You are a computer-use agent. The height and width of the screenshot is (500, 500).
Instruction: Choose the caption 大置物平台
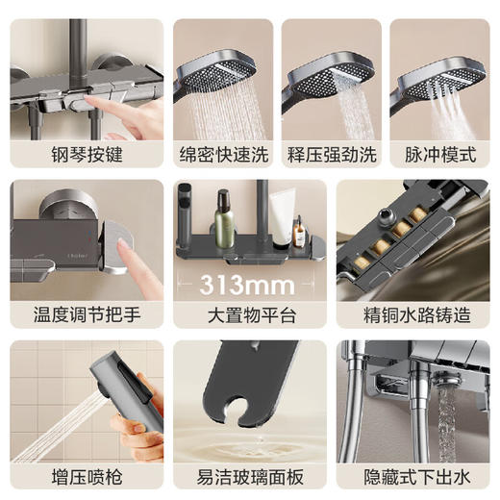point(250,314)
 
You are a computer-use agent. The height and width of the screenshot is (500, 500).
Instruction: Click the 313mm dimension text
point(250,284)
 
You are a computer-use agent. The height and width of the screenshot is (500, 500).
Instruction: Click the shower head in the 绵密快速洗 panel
point(226,62)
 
